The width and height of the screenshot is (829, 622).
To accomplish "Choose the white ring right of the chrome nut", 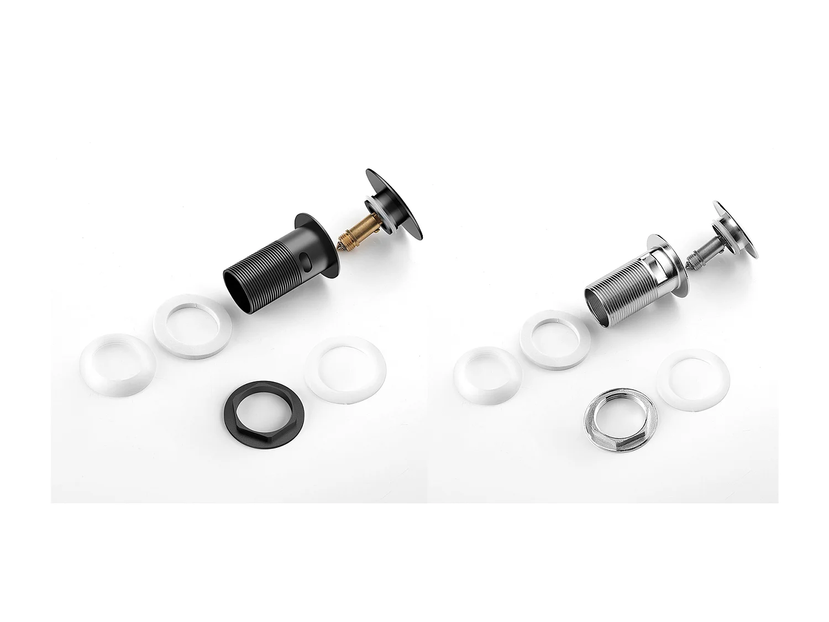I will tap(693, 381).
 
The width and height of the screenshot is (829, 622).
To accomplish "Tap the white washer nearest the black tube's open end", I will tap(192, 326).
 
